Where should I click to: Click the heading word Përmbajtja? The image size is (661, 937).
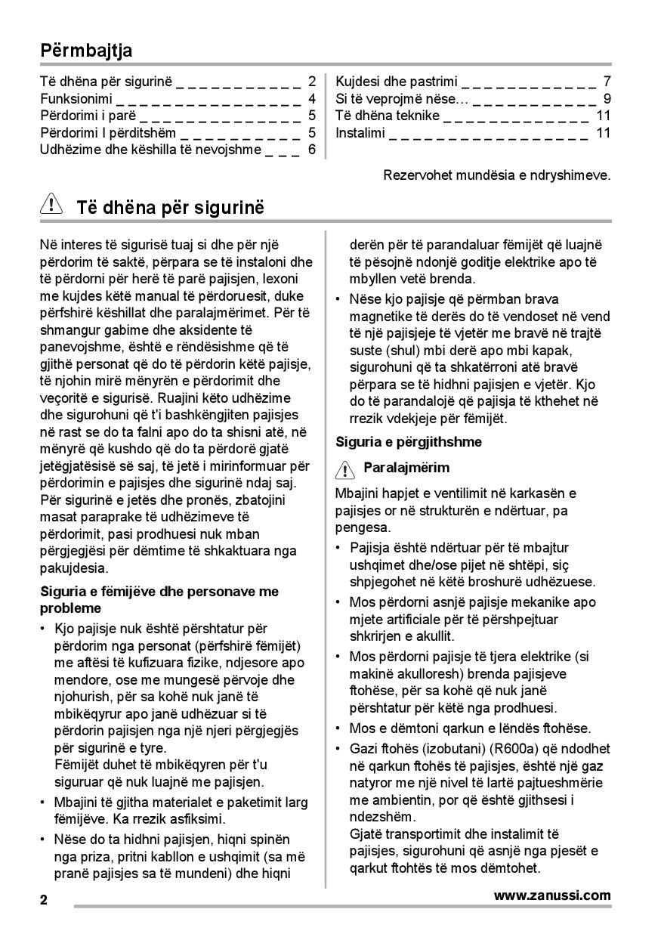click(x=86, y=51)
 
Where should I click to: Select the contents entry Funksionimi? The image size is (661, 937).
click(x=76, y=99)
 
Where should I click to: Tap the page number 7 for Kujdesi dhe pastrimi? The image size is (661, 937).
click(x=607, y=82)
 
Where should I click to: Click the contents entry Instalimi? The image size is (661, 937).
click(x=360, y=133)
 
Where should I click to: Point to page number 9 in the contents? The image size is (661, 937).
click(x=607, y=99)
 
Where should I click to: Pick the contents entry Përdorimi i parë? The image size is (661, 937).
click(x=88, y=116)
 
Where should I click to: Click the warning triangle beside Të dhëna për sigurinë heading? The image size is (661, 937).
click(x=51, y=205)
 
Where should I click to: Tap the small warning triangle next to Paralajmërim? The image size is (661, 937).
click(x=344, y=469)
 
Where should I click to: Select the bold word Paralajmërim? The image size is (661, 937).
click(x=406, y=468)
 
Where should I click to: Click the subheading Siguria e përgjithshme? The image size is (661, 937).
click(x=409, y=441)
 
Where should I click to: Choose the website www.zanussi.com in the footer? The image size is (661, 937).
click(x=552, y=895)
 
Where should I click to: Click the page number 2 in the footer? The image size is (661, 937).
click(x=44, y=900)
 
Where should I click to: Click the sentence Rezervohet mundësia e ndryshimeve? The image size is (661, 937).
click(x=497, y=175)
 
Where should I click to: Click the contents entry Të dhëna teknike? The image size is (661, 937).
click(x=388, y=116)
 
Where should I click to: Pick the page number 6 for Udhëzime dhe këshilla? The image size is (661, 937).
click(x=311, y=150)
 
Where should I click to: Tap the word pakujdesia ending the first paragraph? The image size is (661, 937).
click(x=74, y=567)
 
